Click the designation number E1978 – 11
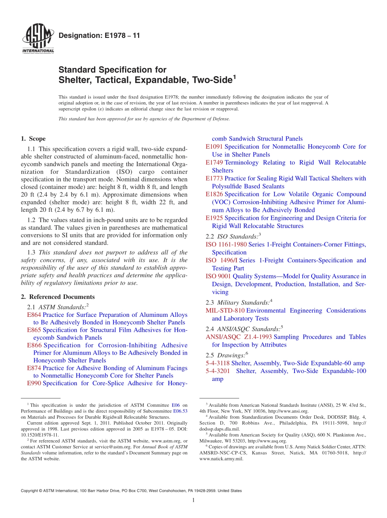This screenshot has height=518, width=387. click(x=99, y=36)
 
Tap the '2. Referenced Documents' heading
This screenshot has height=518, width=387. click(x=58, y=297)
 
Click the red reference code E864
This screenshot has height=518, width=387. click(x=34, y=315)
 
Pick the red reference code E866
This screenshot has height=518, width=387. click(x=34, y=345)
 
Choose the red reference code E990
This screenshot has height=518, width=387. click(x=34, y=383)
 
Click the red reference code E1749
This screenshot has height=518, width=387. click(x=214, y=162)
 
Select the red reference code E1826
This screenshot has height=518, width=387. click(x=214, y=194)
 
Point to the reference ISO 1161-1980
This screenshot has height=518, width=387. click(x=226, y=244)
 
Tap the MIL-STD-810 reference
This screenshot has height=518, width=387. click(x=225, y=310)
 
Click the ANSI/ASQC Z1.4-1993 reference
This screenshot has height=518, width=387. click(x=239, y=337)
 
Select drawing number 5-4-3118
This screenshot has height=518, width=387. click(x=218, y=363)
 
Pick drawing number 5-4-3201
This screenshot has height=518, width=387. click(x=218, y=371)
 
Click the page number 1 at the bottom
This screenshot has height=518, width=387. click(x=193, y=500)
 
